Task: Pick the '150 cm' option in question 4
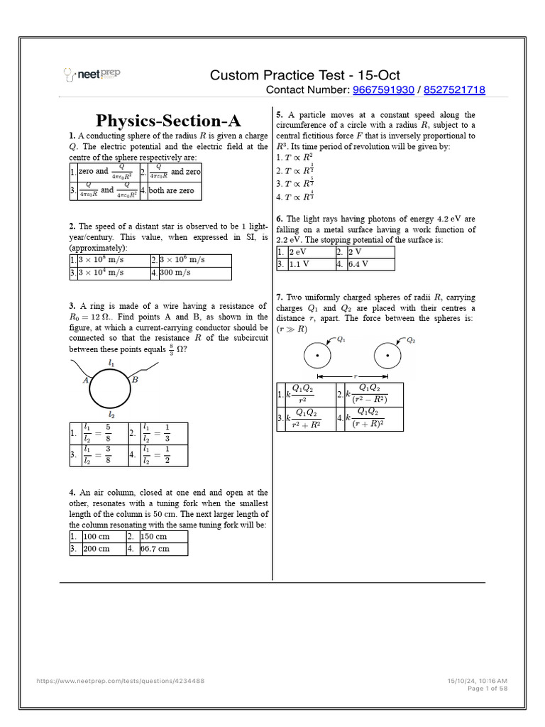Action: tap(154, 537)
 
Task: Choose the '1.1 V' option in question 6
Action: tap(301, 264)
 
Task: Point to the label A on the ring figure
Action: tap(85, 381)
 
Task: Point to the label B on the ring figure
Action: tap(135, 381)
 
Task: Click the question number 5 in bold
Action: tap(279, 115)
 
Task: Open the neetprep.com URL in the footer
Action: tap(121, 681)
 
